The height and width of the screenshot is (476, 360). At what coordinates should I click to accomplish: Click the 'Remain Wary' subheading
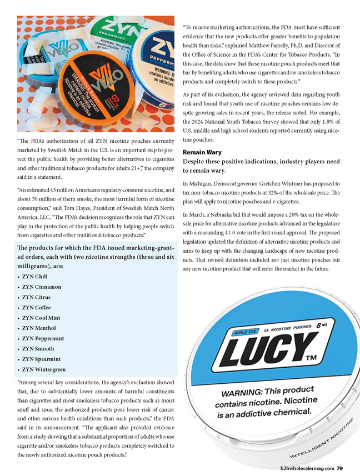click(x=202, y=152)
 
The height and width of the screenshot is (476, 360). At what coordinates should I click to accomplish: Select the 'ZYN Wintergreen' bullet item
click(x=44, y=369)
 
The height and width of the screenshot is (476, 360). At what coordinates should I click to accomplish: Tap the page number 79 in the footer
click(x=339, y=468)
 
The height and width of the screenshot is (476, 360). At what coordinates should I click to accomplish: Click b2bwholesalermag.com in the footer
click(x=307, y=468)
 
